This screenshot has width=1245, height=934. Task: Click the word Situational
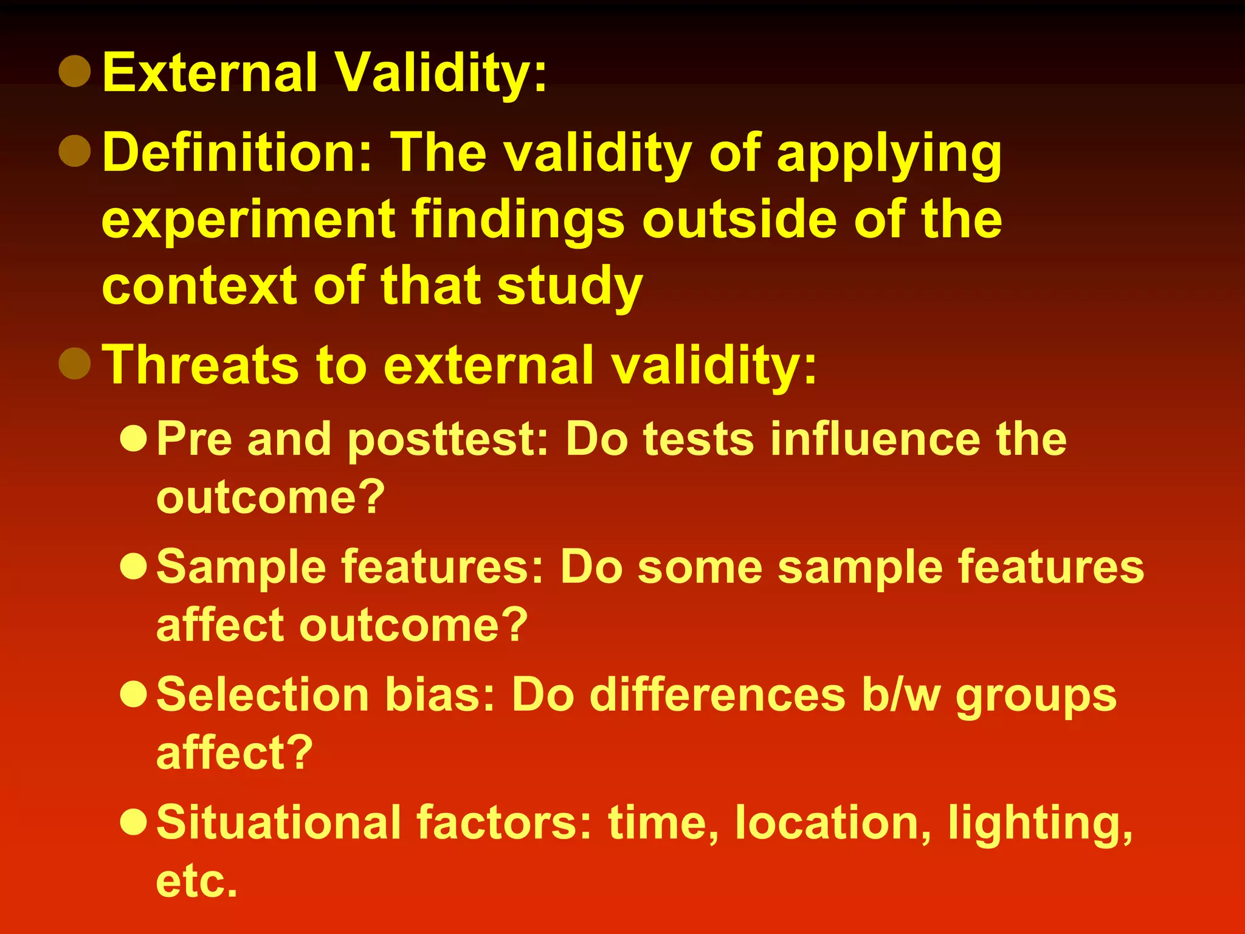(x=278, y=823)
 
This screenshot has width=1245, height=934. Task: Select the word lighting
(x=1040, y=825)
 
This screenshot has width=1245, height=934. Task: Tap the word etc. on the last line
(x=196, y=881)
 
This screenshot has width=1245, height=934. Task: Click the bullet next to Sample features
(x=134, y=566)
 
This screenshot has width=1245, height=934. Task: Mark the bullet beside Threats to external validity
(x=75, y=363)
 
